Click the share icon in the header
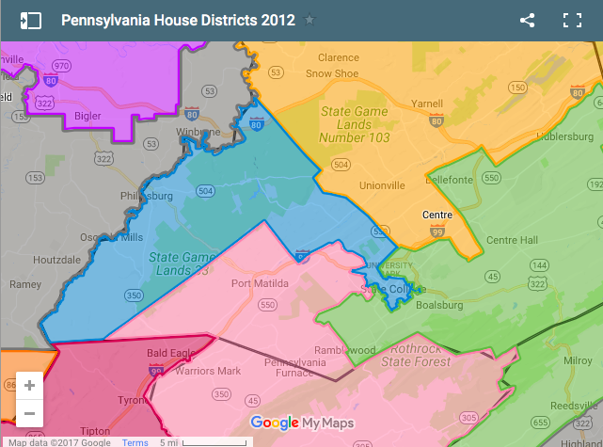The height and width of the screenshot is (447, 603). coord(527,20)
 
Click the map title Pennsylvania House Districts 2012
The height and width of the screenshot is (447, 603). coord(178,20)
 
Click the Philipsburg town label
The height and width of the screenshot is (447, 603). coord(148,196)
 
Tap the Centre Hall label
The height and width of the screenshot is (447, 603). coord(512,240)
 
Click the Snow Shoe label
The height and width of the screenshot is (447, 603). coord(331,72)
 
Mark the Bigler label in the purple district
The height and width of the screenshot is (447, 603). coord(88,117)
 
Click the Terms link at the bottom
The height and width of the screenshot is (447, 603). coord(135,441)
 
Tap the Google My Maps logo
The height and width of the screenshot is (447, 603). coord(301,423)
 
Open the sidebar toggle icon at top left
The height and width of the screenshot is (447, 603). coord(30,20)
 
